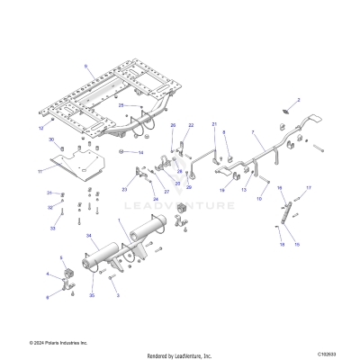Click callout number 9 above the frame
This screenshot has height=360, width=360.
tap(86, 67)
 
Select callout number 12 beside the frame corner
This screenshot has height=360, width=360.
tap(40, 129)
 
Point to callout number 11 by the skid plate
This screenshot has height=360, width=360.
tap(40, 170)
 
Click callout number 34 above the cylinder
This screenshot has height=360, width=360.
tap(89, 237)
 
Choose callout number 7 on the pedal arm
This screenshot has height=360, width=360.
tap(255, 132)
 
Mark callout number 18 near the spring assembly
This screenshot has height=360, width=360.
tap(280, 245)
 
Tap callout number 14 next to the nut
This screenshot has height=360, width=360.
tap(140, 153)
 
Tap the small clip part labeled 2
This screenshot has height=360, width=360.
tap(288, 112)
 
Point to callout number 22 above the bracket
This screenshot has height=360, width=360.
tap(190, 125)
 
